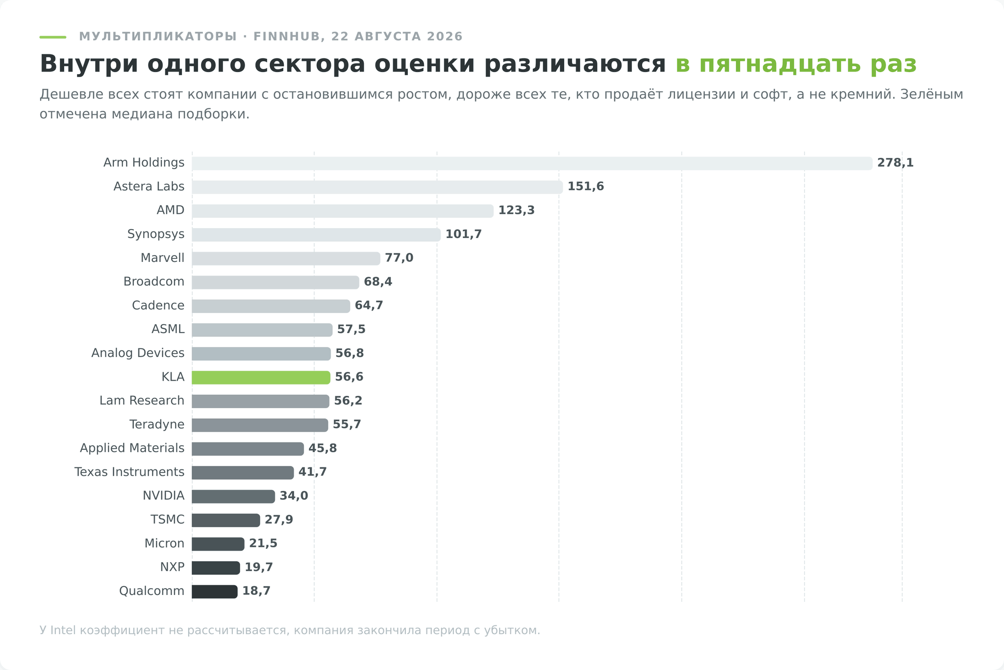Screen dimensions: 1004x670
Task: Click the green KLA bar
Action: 261,377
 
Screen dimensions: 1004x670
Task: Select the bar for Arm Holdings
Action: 532,163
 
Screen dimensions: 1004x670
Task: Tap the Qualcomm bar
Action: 214,592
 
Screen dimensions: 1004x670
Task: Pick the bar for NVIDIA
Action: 233,496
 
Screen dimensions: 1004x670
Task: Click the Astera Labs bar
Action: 377,187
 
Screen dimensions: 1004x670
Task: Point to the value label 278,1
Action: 895,163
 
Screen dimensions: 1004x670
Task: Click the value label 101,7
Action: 463,234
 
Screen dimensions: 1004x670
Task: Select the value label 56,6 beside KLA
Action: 349,377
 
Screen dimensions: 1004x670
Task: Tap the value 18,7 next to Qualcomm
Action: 256,591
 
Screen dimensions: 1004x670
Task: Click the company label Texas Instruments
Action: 129,472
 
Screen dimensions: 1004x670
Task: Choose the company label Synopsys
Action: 156,234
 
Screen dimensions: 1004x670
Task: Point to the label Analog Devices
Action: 138,353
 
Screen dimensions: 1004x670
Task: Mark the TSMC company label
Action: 167,519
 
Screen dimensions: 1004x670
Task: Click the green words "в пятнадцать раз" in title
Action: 796,64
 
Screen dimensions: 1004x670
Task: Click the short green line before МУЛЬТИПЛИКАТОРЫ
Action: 53,37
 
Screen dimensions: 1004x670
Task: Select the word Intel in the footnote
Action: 63,630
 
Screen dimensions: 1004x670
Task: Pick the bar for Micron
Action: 218,544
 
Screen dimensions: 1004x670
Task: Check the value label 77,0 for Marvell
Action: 399,258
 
